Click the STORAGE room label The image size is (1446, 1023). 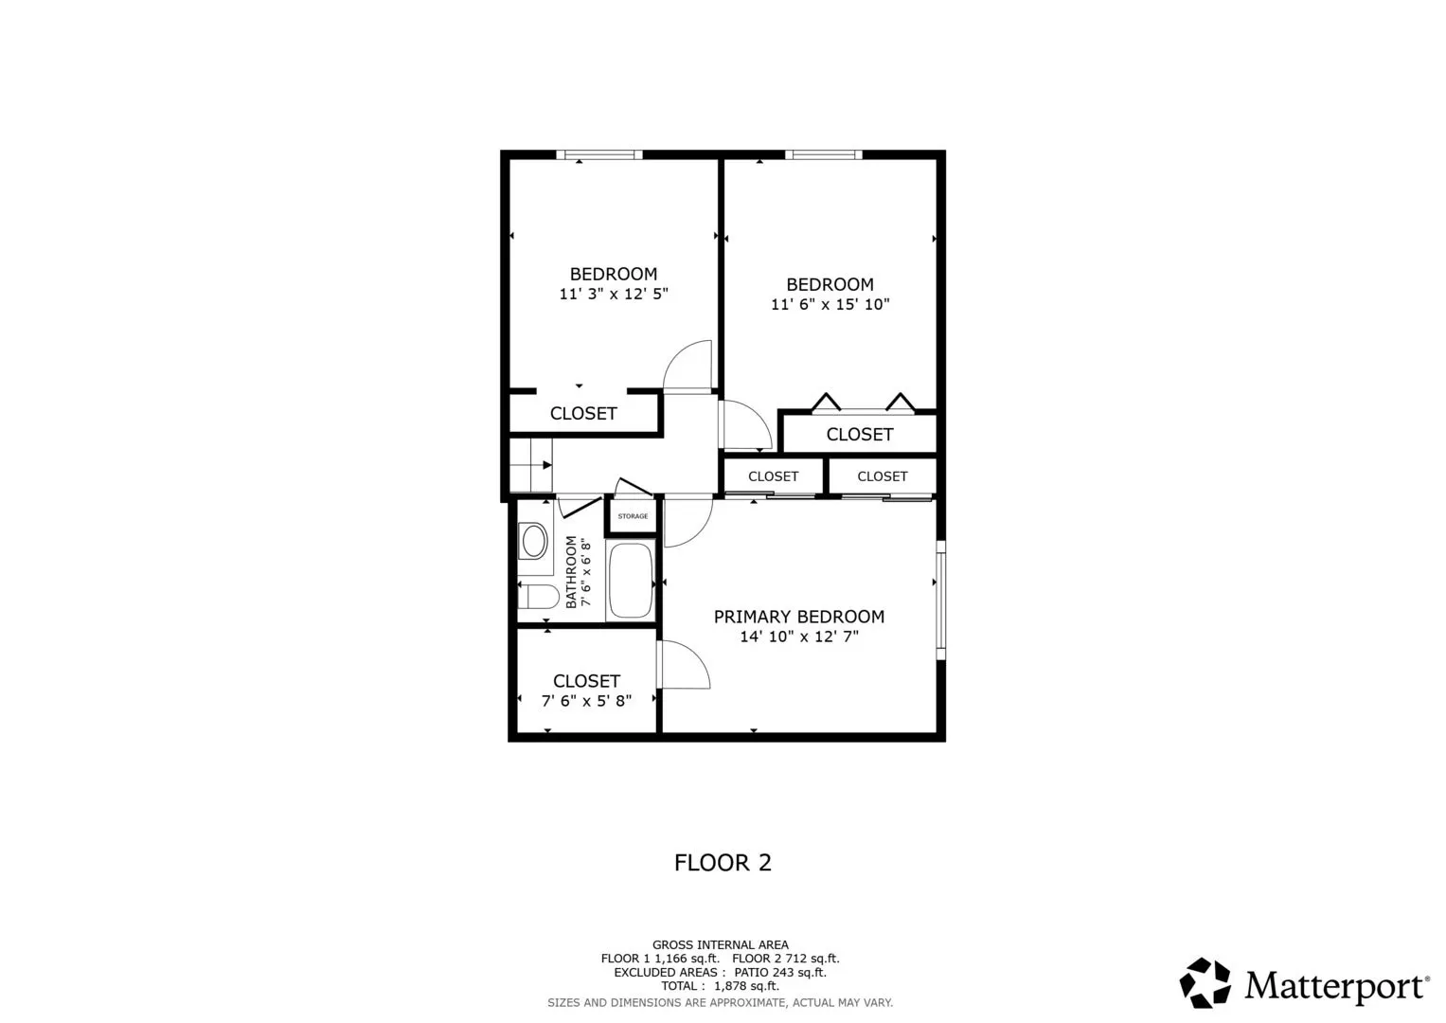point(633,516)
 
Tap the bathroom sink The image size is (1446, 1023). point(534,541)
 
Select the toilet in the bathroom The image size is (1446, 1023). point(539,597)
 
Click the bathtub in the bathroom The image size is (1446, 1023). point(631,581)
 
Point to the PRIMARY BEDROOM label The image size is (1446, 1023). point(799,617)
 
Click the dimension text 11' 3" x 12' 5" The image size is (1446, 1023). point(614,294)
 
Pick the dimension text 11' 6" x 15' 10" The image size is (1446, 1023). point(830,304)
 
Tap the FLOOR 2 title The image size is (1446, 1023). point(723,863)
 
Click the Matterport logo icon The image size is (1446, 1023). point(1205,982)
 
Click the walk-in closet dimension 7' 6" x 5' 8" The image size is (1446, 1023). point(586,701)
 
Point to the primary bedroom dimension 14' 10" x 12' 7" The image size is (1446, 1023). point(799,637)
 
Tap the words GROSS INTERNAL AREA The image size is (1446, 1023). point(721,945)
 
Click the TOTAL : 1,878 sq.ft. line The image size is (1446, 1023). point(721,986)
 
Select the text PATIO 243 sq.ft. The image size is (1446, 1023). point(780,973)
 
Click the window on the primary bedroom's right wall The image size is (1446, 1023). point(941,600)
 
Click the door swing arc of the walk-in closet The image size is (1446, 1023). point(695,657)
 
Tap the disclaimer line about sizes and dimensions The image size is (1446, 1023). point(721,1003)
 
